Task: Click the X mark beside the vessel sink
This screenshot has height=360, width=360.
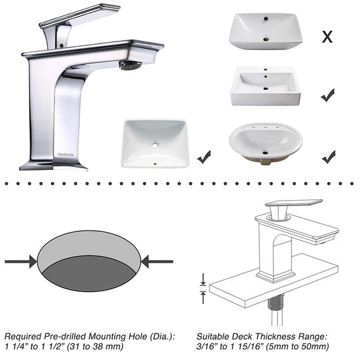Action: click(x=327, y=37)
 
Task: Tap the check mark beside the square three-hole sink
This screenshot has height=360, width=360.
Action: click(x=327, y=96)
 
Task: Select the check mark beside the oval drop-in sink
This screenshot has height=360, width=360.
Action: click(x=328, y=157)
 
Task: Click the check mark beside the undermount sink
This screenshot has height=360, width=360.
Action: click(x=205, y=157)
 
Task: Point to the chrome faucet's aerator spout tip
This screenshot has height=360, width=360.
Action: click(x=129, y=65)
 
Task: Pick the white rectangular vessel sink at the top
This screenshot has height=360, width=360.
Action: click(x=265, y=31)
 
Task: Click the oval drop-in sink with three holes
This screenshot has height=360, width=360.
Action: click(x=265, y=143)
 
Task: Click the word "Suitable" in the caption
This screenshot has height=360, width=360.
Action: click(x=215, y=335)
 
